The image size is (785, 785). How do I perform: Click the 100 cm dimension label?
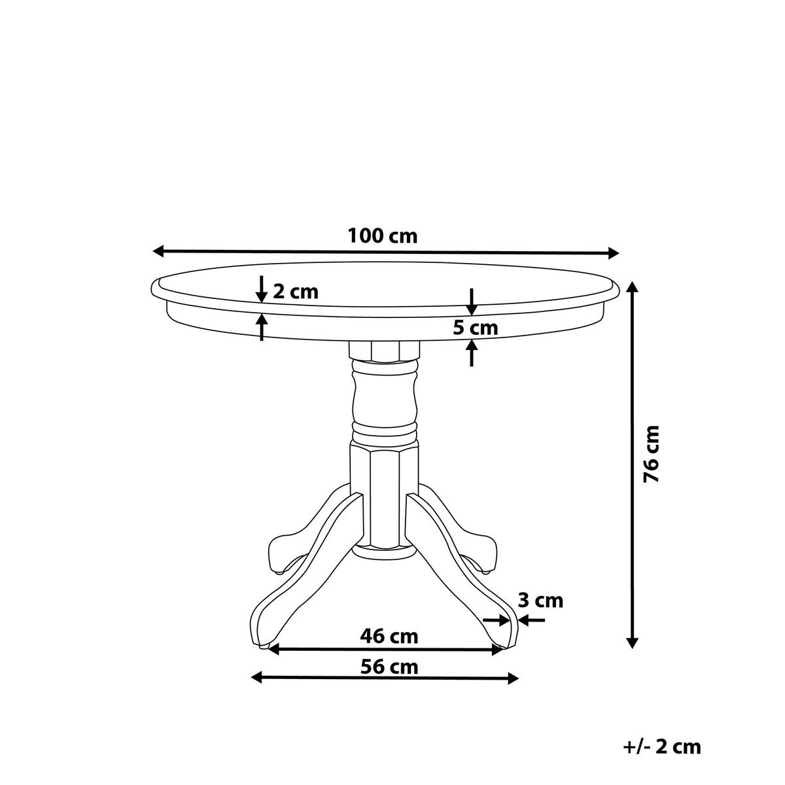(382, 235)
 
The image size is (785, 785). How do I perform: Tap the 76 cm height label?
(652, 453)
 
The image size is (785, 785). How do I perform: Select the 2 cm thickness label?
(295, 292)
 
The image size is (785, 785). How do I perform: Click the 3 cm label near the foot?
(540, 600)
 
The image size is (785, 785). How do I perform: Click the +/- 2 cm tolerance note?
(662, 746)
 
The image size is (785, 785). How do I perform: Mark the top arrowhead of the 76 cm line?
(632, 288)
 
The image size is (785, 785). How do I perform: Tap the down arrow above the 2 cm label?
(261, 290)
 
